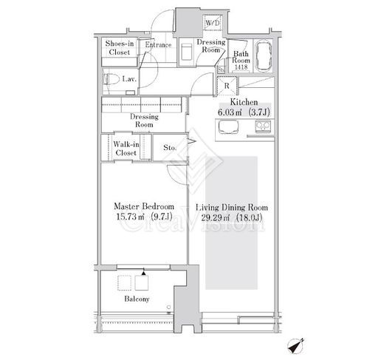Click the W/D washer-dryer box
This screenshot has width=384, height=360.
coord(213,23)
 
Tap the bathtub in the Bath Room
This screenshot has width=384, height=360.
coord(264,56)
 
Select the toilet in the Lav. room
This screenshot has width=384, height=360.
coord(110,79)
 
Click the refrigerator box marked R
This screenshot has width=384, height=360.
coord(227,86)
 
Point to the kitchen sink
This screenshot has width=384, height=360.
coord(228,126)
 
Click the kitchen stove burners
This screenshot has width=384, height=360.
coord(263,126)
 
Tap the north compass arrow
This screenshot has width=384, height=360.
coord(296,346)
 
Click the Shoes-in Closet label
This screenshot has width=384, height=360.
coord(120,48)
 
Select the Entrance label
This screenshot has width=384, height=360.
coord(158,45)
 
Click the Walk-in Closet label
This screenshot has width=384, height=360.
coord(126,149)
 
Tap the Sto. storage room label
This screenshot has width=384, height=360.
coord(170,148)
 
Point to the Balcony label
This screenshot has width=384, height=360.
coord(137,299)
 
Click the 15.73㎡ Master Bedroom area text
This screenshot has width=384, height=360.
coord(144,217)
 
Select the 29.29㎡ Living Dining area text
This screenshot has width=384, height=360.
coord(232,218)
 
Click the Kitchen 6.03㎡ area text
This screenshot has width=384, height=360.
coord(244,112)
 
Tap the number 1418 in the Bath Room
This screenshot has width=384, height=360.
coord(241,67)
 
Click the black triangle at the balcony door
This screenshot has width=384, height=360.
coord(143,273)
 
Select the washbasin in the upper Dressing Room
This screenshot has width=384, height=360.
coord(187,52)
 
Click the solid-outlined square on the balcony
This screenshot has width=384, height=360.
coord(142,283)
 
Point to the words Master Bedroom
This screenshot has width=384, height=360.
coord(144,206)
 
